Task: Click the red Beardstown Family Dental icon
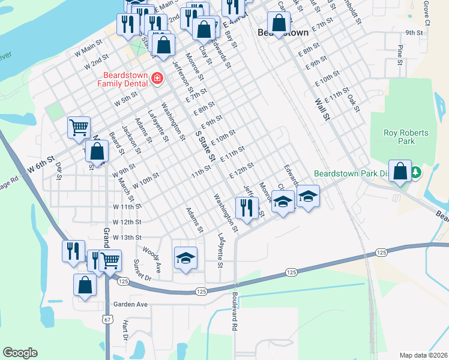[157, 79]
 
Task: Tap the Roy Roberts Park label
[399, 137]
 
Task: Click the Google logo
[20, 353]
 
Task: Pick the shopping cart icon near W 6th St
[79, 127]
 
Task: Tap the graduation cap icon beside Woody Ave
[185, 258]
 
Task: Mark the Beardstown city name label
[283, 32]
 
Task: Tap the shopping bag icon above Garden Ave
[85, 285]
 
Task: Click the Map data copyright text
[423, 355]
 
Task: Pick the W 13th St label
[122, 238]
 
